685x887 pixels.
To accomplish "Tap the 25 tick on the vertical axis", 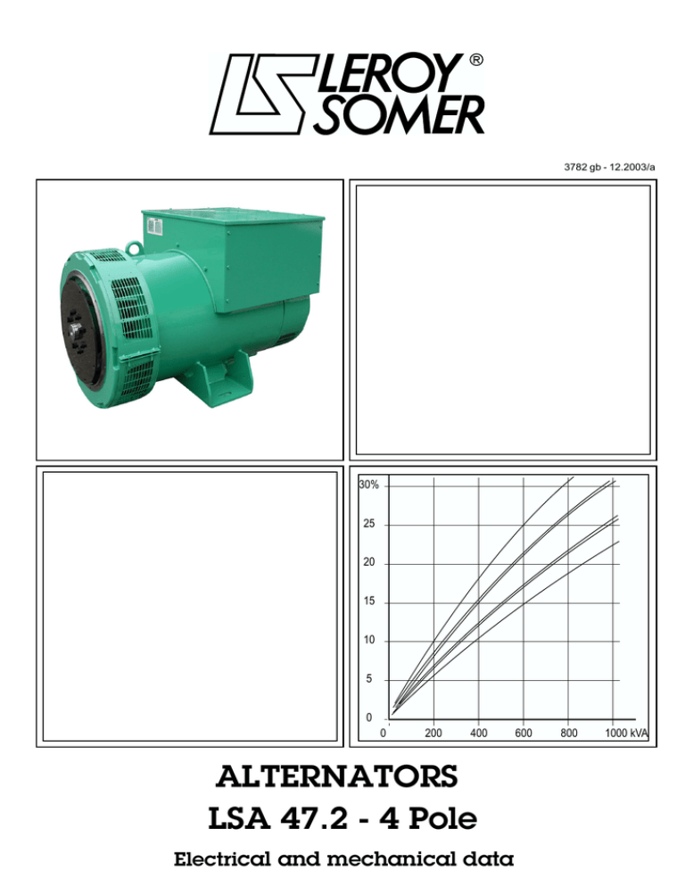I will [369, 525].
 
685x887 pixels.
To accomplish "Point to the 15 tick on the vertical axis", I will [369, 602].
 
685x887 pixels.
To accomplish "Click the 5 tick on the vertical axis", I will [369, 680].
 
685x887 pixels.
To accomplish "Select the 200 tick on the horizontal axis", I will [433, 734].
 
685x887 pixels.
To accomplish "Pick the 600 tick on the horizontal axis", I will [524, 734].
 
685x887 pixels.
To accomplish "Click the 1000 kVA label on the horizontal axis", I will [624, 734].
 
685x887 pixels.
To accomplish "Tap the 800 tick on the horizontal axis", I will [569, 734].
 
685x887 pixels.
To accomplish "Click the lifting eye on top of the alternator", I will [134, 241].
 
